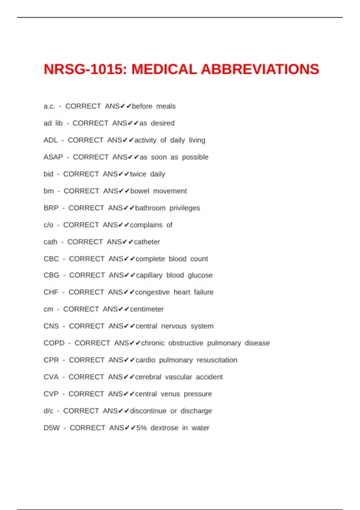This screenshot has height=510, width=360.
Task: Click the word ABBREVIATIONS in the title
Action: tap(260, 69)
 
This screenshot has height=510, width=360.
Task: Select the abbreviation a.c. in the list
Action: tap(49, 106)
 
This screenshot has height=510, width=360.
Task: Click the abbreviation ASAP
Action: tap(53, 157)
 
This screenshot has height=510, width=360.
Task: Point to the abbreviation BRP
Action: tap(51, 208)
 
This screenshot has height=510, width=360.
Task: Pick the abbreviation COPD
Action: tap(54, 343)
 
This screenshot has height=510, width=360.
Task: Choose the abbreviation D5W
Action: tap(52, 428)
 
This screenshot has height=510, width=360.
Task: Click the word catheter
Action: tap(147, 242)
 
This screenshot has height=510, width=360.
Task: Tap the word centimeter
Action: tap(147, 309)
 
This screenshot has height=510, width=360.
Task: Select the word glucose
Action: tap(200, 275)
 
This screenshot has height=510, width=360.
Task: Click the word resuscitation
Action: tap(217, 360)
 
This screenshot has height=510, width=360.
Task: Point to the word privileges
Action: tap(184, 208)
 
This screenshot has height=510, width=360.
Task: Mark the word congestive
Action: tap(152, 292)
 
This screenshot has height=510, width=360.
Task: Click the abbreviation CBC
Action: tap(51, 259)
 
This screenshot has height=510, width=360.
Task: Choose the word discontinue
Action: tap(148, 411)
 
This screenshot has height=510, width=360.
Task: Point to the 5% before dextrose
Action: tap(142, 428)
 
